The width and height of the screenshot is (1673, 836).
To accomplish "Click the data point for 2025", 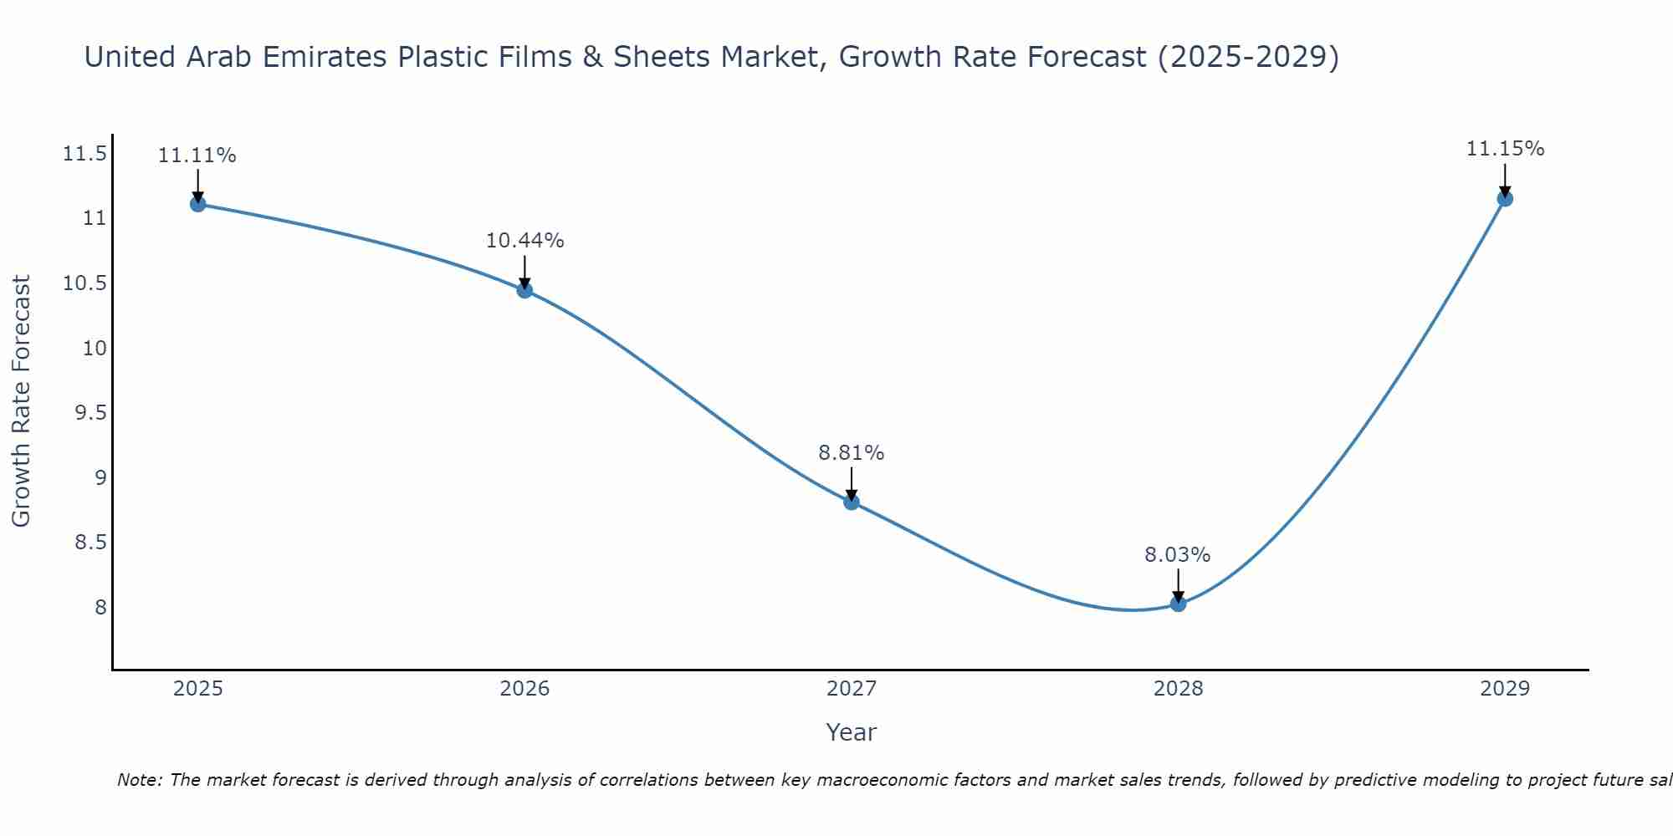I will (x=197, y=204).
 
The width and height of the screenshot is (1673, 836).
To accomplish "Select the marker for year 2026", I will (x=524, y=290).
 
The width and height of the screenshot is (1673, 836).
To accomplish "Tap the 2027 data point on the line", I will (x=852, y=502).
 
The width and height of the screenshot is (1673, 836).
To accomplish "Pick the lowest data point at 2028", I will (x=1178, y=604).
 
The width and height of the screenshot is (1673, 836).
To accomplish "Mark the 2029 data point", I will (x=1505, y=199).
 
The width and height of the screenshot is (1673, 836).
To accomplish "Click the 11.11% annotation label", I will (x=197, y=155).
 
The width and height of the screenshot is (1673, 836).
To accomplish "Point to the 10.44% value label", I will (x=524, y=241).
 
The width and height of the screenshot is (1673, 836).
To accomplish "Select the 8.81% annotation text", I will (x=852, y=453).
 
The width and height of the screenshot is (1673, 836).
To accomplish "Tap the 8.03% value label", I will (x=1178, y=555).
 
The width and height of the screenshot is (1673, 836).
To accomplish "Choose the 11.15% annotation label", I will (x=1505, y=149).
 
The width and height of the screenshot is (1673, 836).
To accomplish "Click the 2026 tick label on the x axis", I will (x=524, y=689).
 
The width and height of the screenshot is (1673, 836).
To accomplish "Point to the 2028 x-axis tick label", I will (x=1178, y=689).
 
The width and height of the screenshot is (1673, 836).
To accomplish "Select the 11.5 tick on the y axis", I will (x=85, y=154).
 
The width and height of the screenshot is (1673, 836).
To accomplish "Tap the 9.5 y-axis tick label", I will (x=91, y=413).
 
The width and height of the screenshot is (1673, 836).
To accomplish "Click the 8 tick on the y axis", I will (x=101, y=607).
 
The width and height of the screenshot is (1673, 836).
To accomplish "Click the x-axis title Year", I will (x=852, y=732).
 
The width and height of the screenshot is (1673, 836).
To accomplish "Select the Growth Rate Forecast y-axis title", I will (x=22, y=400).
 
